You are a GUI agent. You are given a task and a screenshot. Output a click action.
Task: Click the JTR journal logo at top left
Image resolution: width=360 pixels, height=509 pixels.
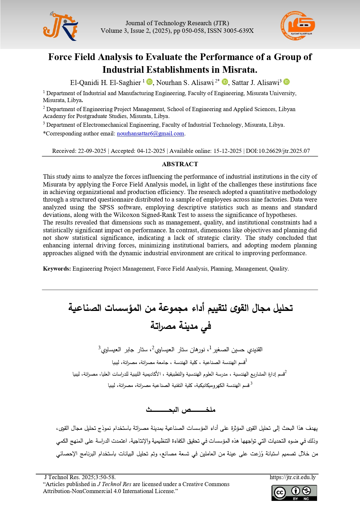pyautogui.click(x=60, y=26)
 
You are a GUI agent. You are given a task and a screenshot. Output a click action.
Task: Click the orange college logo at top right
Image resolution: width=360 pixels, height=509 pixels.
pyautogui.click(x=298, y=26)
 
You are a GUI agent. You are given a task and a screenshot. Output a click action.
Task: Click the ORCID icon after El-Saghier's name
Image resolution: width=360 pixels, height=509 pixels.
pyautogui.click(x=149, y=82)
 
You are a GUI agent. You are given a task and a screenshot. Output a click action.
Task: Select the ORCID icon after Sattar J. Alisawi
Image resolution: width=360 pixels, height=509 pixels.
pyautogui.click(x=286, y=82)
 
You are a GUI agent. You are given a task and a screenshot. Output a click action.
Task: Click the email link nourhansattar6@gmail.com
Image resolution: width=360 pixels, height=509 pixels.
pyautogui.click(x=150, y=134)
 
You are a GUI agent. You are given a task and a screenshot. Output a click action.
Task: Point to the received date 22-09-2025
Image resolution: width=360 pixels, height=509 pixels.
pyautogui.click(x=92, y=151)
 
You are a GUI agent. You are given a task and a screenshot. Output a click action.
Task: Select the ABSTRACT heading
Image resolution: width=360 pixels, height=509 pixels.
pyautogui.click(x=180, y=164)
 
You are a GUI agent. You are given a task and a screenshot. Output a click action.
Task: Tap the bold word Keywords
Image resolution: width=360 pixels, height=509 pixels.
pyautogui.click(x=57, y=269)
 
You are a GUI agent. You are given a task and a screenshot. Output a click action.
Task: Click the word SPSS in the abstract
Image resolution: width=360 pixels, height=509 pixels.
pyautogui.click(x=106, y=207)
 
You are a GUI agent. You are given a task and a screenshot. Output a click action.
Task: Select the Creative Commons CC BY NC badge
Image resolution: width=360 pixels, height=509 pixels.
pyautogui.click(x=294, y=493)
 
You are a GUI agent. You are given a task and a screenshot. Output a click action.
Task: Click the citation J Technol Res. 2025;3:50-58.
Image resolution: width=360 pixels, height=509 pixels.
pyautogui.click(x=80, y=477)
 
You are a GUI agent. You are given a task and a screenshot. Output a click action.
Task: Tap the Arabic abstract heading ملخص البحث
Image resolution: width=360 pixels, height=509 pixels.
pyautogui.click(x=180, y=410)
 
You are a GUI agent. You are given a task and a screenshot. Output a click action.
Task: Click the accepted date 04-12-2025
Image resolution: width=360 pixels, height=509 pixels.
pyautogui.click(x=151, y=151)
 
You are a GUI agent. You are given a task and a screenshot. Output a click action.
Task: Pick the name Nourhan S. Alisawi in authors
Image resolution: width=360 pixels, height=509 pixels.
pyautogui.click(x=185, y=83)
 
